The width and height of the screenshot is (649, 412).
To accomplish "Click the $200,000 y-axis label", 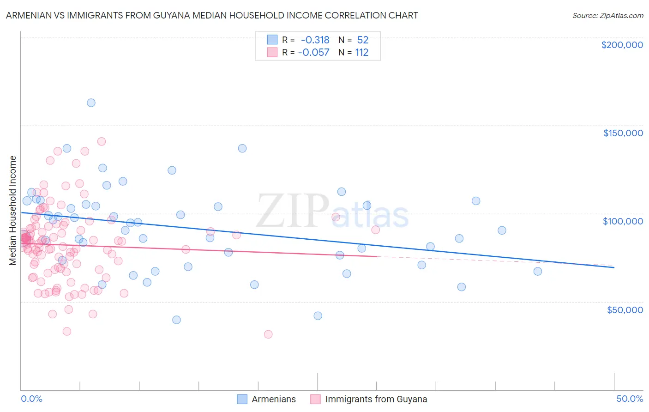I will pos(622,45).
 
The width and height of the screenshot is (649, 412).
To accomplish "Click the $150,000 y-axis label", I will pos(623,133).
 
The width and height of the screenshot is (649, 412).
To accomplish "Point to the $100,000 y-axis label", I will pos(623,221).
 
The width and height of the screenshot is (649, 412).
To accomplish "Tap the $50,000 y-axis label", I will pos(625,309).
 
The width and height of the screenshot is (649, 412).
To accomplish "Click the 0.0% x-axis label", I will pos(31,399).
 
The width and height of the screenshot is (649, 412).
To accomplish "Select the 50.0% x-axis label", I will pos(630,399).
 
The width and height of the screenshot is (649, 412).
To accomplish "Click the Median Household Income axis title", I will pos(13,211).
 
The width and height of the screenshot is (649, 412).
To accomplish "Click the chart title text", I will pos(212,15).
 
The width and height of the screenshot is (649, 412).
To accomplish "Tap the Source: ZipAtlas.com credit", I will pos(607,15).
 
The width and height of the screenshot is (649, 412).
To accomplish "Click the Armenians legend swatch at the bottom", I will pos(242,399).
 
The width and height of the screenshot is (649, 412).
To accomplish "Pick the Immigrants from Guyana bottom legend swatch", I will pos(316,399).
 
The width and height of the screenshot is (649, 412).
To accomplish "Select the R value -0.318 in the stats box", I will pos(315,40).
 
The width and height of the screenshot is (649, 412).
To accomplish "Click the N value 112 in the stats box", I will pos(361,52).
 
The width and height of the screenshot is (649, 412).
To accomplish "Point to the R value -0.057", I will pos(314,52).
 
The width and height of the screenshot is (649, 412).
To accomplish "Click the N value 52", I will pos(362,40).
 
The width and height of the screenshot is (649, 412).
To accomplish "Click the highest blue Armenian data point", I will pos(91,103).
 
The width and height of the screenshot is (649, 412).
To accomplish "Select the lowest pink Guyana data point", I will pos(268,334).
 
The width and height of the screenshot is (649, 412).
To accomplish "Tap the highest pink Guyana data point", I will pos(102,141).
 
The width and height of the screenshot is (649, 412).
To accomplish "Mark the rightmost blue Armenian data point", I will pos(538,271).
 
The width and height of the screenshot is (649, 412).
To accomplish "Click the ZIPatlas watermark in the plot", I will pos(332,212).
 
